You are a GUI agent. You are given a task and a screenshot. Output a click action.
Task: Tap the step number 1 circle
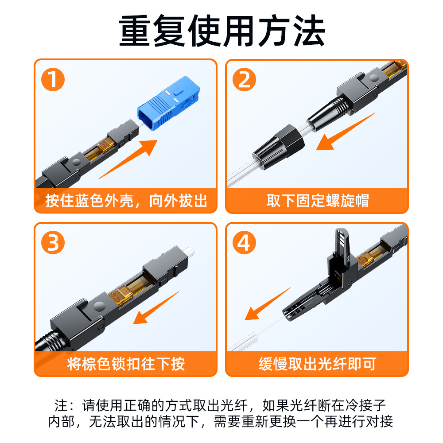point(53,80)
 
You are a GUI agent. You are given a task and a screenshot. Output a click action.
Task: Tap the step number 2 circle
point(244,80)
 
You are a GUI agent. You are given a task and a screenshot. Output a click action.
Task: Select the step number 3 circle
point(53,243)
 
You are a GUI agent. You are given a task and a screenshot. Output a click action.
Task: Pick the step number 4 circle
point(244,243)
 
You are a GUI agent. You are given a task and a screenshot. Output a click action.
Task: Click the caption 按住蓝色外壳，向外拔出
point(126,201)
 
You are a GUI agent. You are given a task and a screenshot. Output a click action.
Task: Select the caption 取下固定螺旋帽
point(317,201)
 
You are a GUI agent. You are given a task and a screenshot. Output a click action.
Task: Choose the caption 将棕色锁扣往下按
point(126,364)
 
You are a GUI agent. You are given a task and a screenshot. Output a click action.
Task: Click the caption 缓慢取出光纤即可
point(317,364)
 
